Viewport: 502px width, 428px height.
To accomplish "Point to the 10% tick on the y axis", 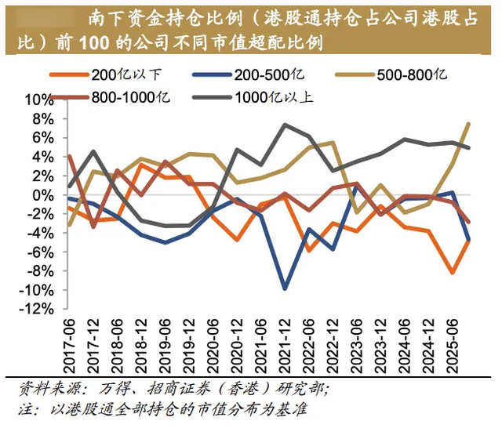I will (x=38, y=100).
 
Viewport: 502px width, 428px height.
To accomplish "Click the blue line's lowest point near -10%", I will (x=285, y=289).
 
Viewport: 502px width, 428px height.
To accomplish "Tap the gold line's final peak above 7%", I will (x=469, y=123).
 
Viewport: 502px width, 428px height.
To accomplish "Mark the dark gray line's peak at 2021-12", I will (x=285, y=125).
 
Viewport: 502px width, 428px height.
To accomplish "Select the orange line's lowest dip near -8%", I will (x=453, y=273).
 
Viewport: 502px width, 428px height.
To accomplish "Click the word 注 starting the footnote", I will (x=25, y=410).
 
